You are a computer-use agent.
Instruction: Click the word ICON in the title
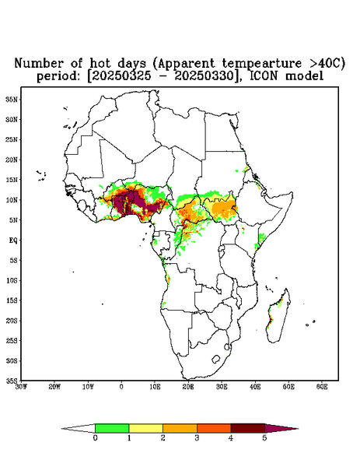264,76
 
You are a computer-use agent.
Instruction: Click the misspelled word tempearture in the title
262,64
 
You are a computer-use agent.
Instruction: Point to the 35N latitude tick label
12,99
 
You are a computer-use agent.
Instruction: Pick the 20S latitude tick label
12,321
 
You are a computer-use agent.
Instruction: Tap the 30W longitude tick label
21,387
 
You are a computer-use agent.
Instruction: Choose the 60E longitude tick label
322,387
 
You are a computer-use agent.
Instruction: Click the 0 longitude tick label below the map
121,387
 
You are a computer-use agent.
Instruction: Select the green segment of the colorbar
112,428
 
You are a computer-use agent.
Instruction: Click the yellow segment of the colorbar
145,428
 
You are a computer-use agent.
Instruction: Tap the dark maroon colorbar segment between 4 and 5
248,428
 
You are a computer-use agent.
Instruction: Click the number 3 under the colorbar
197,438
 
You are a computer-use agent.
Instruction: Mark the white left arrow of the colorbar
79,428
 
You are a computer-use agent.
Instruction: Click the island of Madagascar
278,316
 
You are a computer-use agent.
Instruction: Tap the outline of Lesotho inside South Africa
216,359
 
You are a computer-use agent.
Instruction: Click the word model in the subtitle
304,76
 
